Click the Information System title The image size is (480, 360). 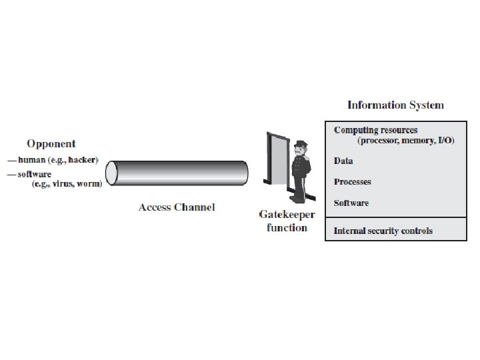(x=395, y=105)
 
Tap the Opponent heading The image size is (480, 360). (x=51, y=143)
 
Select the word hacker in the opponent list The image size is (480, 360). (x=83, y=161)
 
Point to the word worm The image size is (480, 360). (x=89, y=184)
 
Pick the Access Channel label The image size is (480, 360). (x=177, y=207)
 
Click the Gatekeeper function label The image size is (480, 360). (x=287, y=221)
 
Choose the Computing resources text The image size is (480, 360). (x=375, y=130)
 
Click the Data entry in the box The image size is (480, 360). (x=343, y=161)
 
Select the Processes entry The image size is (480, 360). (x=352, y=182)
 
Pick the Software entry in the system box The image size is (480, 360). (x=351, y=203)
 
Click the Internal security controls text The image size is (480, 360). (x=383, y=231)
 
